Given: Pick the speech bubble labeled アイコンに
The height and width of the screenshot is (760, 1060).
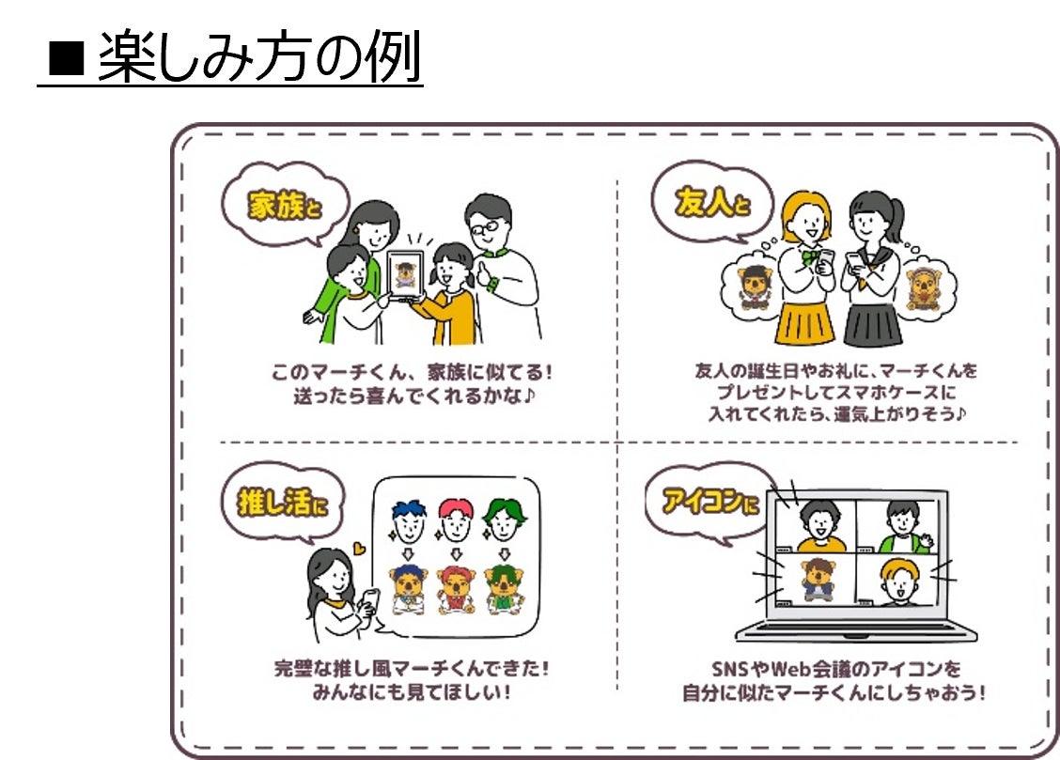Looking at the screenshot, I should point(709,503).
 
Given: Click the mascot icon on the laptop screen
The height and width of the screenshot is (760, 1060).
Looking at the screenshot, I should point(815,579).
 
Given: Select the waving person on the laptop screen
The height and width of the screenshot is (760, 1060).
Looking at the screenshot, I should point(903,527).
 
